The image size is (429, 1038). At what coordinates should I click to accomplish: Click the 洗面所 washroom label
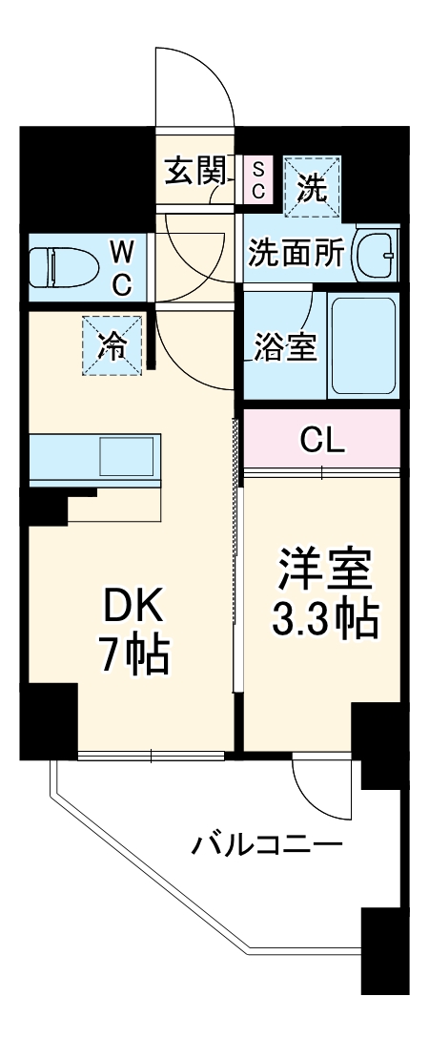(x=296, y=254)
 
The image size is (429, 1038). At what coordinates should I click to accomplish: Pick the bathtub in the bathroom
(x=362, y=346)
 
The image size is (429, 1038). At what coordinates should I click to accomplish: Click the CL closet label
(x=322, y=440)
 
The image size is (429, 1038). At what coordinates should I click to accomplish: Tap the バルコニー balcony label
(x=267, y=845)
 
